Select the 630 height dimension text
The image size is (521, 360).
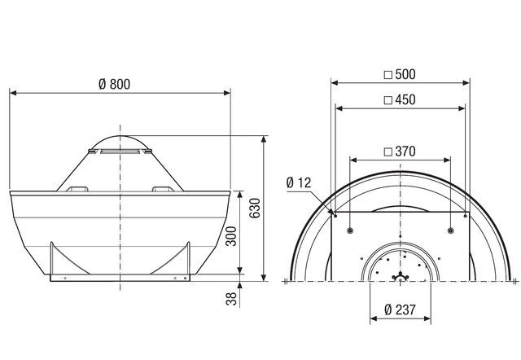click(255, 209)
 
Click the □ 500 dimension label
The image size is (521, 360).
click(399, 75)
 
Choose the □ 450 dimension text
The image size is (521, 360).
click(399, 101)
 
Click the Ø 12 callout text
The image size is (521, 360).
click(300, 183)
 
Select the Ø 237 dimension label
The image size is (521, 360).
click(399, 310)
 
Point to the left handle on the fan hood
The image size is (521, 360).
click(80, 189)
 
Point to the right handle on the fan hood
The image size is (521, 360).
click(162, 189)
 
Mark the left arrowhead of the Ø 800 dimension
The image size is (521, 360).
click(12, 92)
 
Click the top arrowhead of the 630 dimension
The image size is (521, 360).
click(264, 138)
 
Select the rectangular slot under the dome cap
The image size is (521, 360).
click(120, 151)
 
